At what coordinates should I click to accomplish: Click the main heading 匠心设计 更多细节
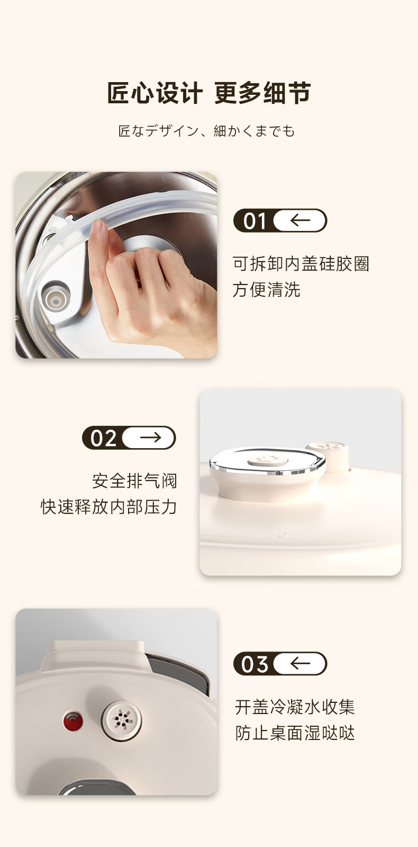tap(209, 93)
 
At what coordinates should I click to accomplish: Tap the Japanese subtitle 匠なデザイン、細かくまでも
tap(206, 131)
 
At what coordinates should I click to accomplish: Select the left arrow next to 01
tap(300, 220)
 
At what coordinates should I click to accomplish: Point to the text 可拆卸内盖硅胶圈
tap(301, 264)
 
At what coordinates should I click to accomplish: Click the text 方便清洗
tap(266, 290)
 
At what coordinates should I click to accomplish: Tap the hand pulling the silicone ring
tap(151, 288)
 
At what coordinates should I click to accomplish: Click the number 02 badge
tap(103, 438)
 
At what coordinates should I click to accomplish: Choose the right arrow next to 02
tap(150, 438)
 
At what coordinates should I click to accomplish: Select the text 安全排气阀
tap(134, 480)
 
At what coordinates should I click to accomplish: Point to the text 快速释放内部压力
tap(109, 507)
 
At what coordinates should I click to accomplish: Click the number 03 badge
tap(255, 664)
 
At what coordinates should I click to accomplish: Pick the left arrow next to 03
tap(300, 663)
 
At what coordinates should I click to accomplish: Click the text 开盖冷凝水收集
tap(295, 707)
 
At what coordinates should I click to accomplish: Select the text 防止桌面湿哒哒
tap(295, 733)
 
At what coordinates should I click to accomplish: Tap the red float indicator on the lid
tap(73, 721)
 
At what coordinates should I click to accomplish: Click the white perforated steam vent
tap(122, 719)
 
